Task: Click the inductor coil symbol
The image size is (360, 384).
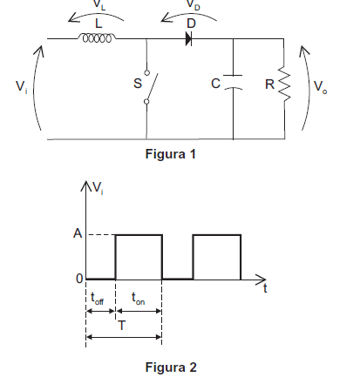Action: tap(97, 38)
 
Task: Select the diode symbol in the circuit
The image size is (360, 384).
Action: tap(189, 38)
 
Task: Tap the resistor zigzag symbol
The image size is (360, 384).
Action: tap(284, 84)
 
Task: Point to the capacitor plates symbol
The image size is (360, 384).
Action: tap(233, 82)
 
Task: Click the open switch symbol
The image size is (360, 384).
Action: tap(150, 87)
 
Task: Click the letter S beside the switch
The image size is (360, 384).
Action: tap(138, 84)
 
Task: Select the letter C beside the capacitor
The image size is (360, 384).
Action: tap(215, 84)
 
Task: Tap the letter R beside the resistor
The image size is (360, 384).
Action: tap(269, 84)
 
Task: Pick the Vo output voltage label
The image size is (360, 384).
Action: tap(320, 87)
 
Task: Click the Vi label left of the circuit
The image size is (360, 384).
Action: tap(21, 87)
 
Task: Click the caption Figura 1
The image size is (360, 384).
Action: tap(171, 154)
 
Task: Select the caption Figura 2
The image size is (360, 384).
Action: tap(171, 367)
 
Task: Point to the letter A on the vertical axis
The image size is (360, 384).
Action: tap(78, 233)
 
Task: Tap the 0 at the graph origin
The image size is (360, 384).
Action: tap(79, 279)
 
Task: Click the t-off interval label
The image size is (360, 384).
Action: tap(97, 299)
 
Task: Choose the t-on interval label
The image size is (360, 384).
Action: tap(138, 299)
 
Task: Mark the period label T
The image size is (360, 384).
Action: tap(122, 326)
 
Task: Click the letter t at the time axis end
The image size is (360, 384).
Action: tap(265, 288)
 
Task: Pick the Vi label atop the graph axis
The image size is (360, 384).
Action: tap(98, 188)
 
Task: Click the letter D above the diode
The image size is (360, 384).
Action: tap(191, 24)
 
